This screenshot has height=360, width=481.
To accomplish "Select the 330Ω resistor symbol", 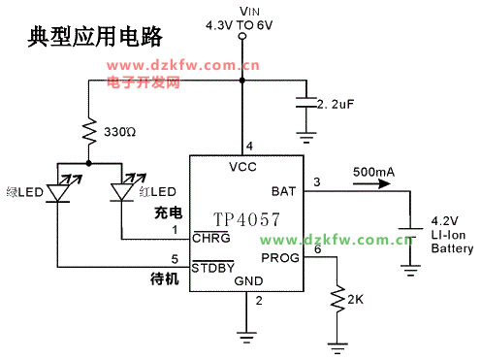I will [x=88, y=130].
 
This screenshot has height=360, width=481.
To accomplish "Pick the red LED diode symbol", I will [x=121, y=190].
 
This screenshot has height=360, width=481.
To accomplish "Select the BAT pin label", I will [x=283, y=191].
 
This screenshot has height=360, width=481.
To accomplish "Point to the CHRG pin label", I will [x=210, y=238].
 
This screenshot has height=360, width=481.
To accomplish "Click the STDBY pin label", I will [x=213, y=267].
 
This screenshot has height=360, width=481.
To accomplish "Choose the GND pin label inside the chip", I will [x=248, y=281].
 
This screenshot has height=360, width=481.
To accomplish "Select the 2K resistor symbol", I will [x=338, y=300].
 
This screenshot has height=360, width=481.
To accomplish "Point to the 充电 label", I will [x=167, y=213].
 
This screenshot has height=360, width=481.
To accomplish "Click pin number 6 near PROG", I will [x=317, y=250].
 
